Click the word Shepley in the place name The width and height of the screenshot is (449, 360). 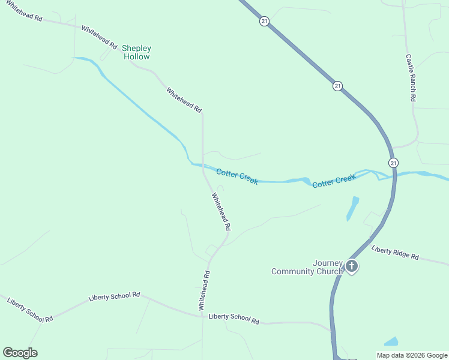click(x=137, y=48)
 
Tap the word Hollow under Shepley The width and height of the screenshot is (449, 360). click(x=136, y=56)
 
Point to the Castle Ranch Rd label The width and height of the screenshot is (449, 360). click(x=411, y=78)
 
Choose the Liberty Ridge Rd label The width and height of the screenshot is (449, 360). click(x=395, y=253)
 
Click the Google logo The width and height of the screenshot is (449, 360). click(x=20, y=353)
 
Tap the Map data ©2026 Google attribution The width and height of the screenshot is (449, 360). click(x=412, y=355)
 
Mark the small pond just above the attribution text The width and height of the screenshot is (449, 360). click(x=391, y=342)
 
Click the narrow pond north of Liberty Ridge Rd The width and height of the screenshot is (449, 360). click(x=352, y=208)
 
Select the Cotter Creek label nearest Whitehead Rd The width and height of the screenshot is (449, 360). click(x=237, y=176)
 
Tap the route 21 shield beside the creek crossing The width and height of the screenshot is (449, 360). click(x=393, y=163)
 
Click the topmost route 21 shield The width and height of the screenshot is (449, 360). click(x=264, y=22)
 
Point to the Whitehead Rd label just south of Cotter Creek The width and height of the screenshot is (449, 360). click(x=221, y=212)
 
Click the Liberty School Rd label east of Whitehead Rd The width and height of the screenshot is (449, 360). click(x=234, y=319)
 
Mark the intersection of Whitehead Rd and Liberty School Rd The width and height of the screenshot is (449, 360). click(x=202, y=316)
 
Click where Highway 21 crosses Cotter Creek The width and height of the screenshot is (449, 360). click(x=394, y=175)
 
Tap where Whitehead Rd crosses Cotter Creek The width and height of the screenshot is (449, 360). click(x=203, y=165)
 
